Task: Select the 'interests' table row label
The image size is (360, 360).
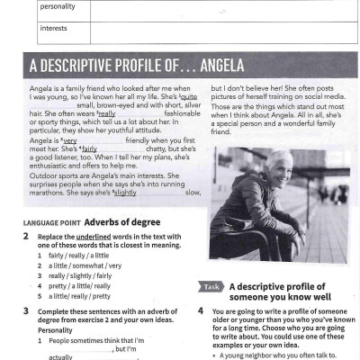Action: [x=54, y=28]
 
